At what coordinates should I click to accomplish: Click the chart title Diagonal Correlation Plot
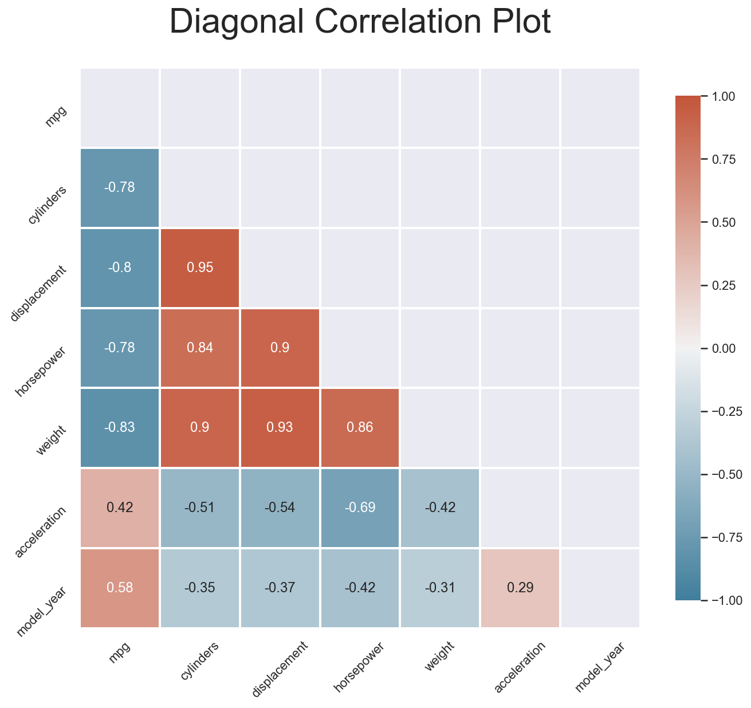[360, 23]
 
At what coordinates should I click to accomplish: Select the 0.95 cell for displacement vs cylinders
[200, 268]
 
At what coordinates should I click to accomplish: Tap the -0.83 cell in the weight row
[120, 428]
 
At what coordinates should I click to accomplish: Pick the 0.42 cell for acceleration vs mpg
[120, 508]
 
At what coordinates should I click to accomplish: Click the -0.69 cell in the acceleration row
[360, 508]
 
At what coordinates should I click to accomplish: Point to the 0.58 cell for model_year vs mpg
[120, 588]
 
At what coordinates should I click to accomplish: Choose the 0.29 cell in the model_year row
[520, 588]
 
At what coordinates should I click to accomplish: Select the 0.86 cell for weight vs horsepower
[360, 428]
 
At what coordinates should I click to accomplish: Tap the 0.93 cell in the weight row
[280, 428]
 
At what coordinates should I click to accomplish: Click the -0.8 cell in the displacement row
[120, 268]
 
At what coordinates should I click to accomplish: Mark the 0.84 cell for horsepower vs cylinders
[200, 348]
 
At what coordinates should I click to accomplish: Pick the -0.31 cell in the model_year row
[440, 588]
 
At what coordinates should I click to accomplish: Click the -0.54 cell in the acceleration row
[280, 508]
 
